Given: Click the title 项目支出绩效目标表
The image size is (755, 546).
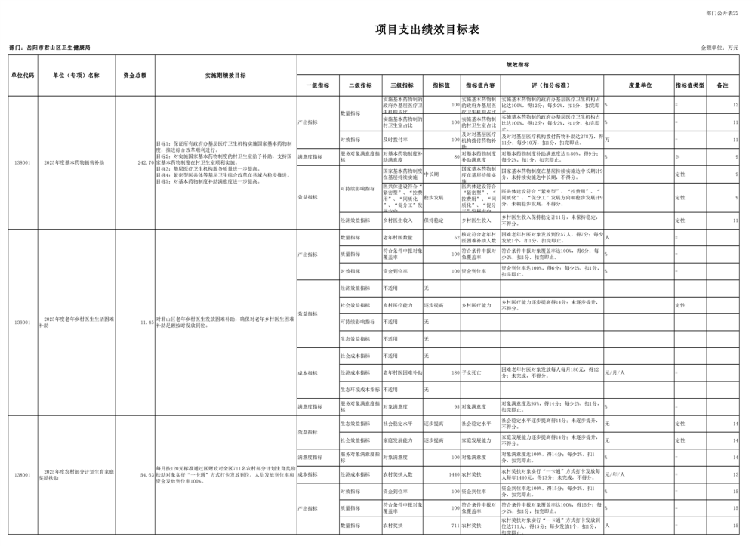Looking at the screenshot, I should click(x=427, y=29).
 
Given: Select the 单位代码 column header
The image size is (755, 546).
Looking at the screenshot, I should click(x=23, y=76).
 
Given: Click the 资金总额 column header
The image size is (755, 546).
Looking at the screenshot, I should click(x=135, y=76).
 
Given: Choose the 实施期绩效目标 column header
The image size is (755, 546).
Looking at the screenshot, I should click(x=225, y=76).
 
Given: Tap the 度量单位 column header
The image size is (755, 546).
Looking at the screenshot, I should click(x=639, y=85).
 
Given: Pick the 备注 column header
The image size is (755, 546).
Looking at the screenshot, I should click(x=723, y=85).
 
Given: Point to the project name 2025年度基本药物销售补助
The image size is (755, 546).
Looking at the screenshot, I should click(x=74, y=162).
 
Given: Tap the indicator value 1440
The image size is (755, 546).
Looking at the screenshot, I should click(x=453, y=475).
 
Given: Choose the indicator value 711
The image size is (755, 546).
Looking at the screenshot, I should click(x=455, y=526).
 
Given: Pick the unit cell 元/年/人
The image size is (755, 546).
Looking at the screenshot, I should click(x=615, y=475).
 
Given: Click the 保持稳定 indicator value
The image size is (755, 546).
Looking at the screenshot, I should click(x=435, y=221).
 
